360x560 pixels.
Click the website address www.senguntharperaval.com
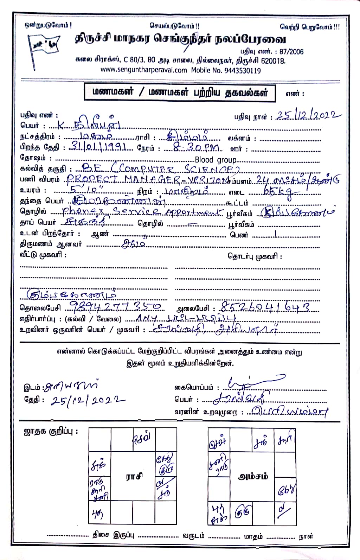pos(144,70)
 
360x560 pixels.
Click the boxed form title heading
pos(180,93)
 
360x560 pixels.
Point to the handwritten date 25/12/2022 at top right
pos(309,116)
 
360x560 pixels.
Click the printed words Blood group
pos(216,160)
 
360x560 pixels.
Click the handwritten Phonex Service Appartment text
pos(142,211)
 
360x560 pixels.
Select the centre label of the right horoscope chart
pos(253,477)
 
